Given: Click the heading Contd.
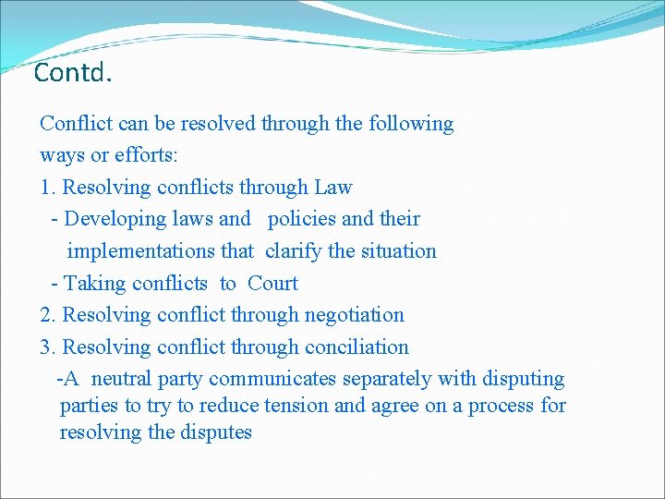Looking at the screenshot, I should pyautogui.click(x=72, y=72).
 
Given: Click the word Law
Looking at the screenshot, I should pyautogui.click(x=332, y=188).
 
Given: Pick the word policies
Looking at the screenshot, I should pyautogui.click(x=301, y=220).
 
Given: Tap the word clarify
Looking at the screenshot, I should pyautogui.click(x=294, y=251).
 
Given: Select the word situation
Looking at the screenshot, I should pyautogui.click(x=398, y=251).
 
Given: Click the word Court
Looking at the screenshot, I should pyautogui.click(x=272, y=284).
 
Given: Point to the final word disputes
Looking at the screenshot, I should pyautogui.click(x=218, y=432).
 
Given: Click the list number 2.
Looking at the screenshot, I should pyautogui.click(x=47, y=315).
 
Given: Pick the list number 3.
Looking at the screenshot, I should pyautogui.click(x=47, y=347).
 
